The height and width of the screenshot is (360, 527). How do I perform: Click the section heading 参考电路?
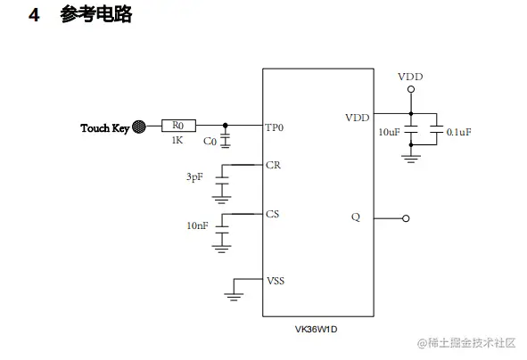[96, 15]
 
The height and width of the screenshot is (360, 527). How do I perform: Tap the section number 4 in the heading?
[34, 15]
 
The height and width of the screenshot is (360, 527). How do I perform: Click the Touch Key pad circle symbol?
[138, 127]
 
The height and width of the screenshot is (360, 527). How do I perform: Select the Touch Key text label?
[104, 128]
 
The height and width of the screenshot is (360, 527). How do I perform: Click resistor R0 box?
[178, 127]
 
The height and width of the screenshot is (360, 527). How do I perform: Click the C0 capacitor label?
[210, 142]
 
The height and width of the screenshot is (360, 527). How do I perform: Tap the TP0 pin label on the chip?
[275, 127]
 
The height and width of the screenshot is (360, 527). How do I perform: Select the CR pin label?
[273, 165]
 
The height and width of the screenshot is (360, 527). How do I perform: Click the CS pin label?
[273, 214]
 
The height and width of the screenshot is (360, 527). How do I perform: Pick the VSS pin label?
[276, 280]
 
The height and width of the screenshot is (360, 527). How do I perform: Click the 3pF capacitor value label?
[194, 177]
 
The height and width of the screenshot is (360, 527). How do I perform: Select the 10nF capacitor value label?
[197, 226]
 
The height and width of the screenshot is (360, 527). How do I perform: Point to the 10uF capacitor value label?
[389, 132]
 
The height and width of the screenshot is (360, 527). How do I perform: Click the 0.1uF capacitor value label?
[458, 132]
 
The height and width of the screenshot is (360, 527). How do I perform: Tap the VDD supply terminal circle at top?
[410, 90]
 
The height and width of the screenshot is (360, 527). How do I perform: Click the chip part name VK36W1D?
[317, 328]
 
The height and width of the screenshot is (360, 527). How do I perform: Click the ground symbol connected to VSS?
[235, 290]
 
